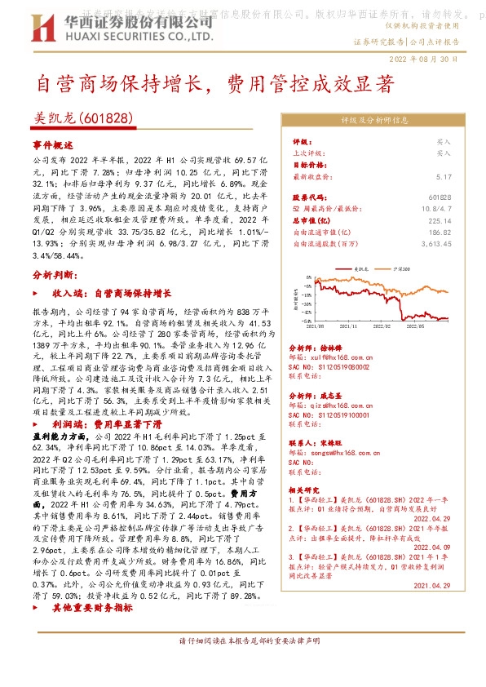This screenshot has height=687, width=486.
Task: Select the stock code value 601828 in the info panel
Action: pyautogui.click(x=439, y=197)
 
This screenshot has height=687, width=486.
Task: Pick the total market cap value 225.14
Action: pyautogui.click(x=439, y=219)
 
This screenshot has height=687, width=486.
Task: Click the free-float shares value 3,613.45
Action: pyautogui.click(x=434, y=242)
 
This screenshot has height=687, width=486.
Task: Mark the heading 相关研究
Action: pyautogui.click(x=303, y=490)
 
